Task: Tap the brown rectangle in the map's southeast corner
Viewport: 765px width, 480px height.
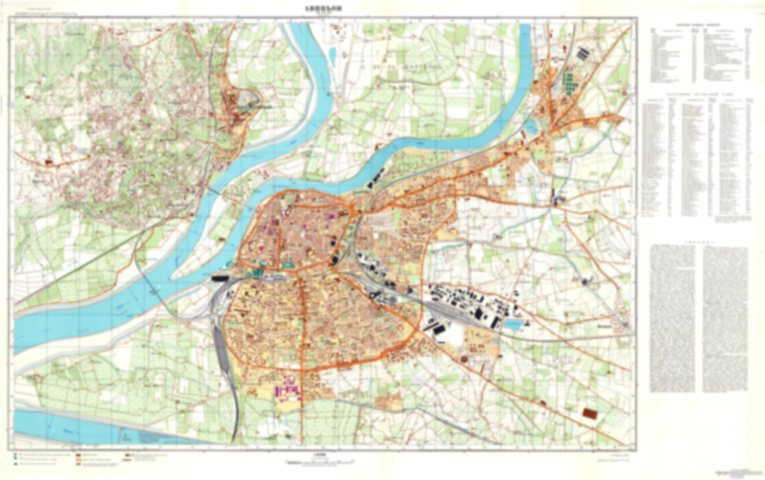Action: click(588, 413)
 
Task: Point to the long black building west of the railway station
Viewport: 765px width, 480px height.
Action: click(221, 277)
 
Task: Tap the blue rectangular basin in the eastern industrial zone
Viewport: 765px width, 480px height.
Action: click(515, 322)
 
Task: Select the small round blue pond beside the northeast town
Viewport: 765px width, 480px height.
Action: click(530, 126)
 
